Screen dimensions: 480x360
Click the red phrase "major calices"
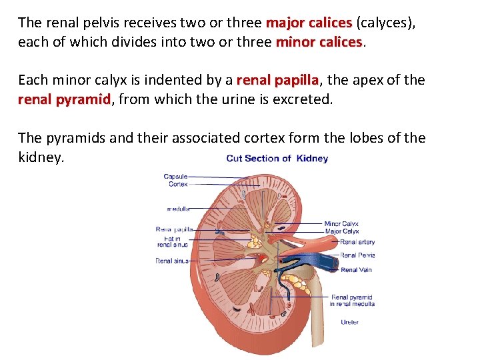[x=309, y=23]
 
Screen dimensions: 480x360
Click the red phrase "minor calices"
[x=318, y=42]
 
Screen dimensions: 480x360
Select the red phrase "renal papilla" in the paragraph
[x=278, y=81]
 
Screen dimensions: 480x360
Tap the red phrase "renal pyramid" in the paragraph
[x=64, y=100]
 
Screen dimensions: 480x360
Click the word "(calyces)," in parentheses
[x=385, y=23]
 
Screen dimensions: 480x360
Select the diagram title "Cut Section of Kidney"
[x=277, y=159]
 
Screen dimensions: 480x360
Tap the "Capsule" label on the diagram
[x=175, y=176]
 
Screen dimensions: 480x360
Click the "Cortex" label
[x=178, y=184]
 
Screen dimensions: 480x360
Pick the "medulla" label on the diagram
[x=178, y=208]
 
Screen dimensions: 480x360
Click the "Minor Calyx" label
[x=341, y=224]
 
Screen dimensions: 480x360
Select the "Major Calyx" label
[x=341, y=231]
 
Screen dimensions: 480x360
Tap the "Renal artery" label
[x=357, y=242]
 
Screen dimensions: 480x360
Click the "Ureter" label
[x=349, y=322]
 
